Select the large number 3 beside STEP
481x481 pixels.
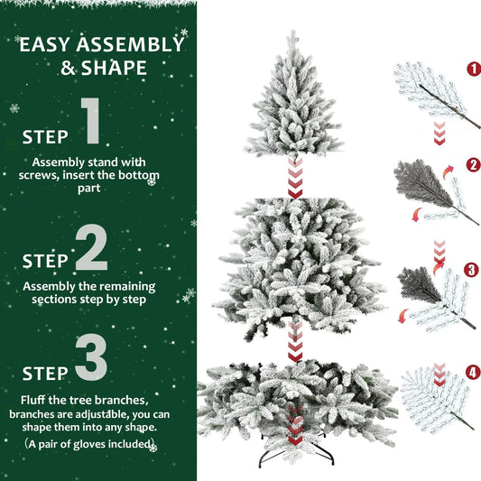tap(92, 357)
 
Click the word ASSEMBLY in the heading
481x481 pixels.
tap(131, 44)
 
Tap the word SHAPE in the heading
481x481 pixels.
tap(114, 69)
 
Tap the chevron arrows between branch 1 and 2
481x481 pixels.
tap(439, 133)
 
